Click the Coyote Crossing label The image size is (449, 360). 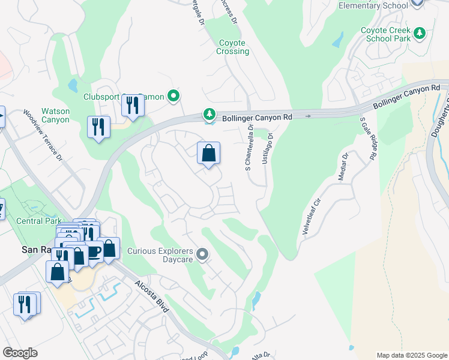tap(232, 47)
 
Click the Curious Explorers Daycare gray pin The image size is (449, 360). tap(202, 255)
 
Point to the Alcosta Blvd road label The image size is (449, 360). tap(152, 295)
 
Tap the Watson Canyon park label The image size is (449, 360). tap(55, 115)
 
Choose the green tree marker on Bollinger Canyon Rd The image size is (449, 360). tap(209, 113)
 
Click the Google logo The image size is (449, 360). tap(20, 353)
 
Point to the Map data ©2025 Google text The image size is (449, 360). tap(411, 355)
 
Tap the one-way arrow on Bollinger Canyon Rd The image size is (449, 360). tap(308, 116)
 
